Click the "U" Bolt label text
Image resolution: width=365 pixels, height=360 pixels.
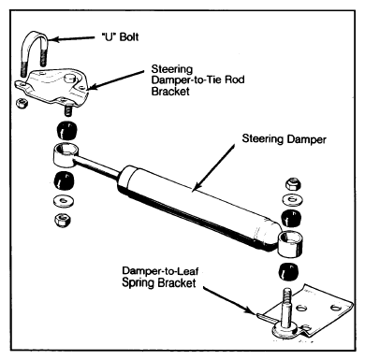120,37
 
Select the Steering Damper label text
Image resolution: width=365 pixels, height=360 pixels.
284,139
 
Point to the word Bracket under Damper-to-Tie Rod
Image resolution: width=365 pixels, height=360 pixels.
170,92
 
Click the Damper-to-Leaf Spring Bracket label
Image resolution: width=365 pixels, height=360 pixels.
160,277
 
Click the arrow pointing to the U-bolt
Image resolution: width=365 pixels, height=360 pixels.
71,38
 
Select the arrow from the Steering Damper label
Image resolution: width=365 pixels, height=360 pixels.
212,167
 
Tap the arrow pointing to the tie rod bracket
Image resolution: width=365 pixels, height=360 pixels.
117,80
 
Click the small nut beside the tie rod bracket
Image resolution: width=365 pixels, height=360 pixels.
22,103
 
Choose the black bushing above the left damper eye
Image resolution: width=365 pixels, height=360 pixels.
66,130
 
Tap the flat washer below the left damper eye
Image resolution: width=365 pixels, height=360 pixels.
64,201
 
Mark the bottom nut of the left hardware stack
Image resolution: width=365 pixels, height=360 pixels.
62,220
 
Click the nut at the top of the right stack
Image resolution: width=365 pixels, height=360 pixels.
293,184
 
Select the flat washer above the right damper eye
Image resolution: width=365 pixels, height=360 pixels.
293,199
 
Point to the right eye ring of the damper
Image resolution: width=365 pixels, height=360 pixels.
291,244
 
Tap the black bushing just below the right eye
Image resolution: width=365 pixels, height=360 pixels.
288,271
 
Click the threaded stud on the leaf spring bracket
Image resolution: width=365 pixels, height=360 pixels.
286,307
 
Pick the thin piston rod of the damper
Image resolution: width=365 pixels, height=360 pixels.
97,166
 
